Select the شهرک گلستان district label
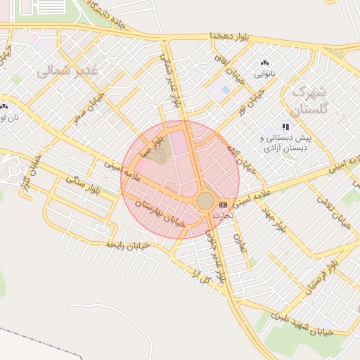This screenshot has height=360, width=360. coord(309,101)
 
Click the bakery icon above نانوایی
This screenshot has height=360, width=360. coord(264,63)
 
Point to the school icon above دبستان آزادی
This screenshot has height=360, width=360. coord(285,127)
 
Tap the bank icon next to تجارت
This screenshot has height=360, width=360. coord(224,205)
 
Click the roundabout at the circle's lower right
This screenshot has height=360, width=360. coord(205,201)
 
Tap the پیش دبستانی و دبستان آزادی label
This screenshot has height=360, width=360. coord(288,143)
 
